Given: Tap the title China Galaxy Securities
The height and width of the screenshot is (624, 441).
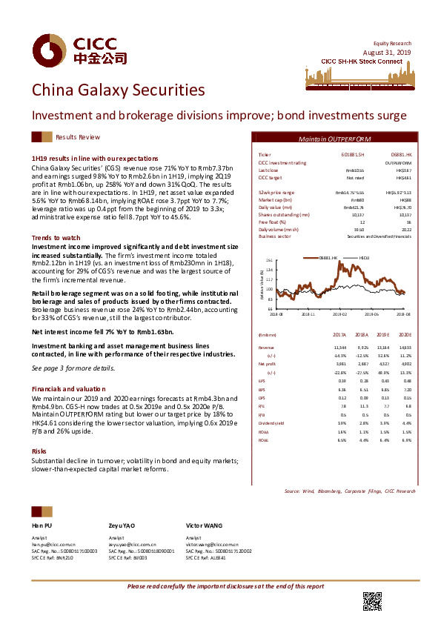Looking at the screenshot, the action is click(118, 90).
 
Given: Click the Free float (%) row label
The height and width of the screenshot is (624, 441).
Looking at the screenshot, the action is click(270, 221).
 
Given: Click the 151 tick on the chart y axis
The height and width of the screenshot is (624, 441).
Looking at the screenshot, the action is click(269, 261).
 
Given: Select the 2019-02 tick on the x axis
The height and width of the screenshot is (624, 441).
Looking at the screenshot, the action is click(339, 314).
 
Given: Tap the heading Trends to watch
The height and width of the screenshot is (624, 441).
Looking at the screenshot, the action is click(56, 237).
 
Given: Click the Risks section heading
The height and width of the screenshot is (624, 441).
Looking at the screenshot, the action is click(39, 451).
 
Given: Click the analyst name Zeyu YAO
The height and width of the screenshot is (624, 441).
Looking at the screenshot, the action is click(122, 525).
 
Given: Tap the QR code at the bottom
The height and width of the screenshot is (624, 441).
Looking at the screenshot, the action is click(373, 602).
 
